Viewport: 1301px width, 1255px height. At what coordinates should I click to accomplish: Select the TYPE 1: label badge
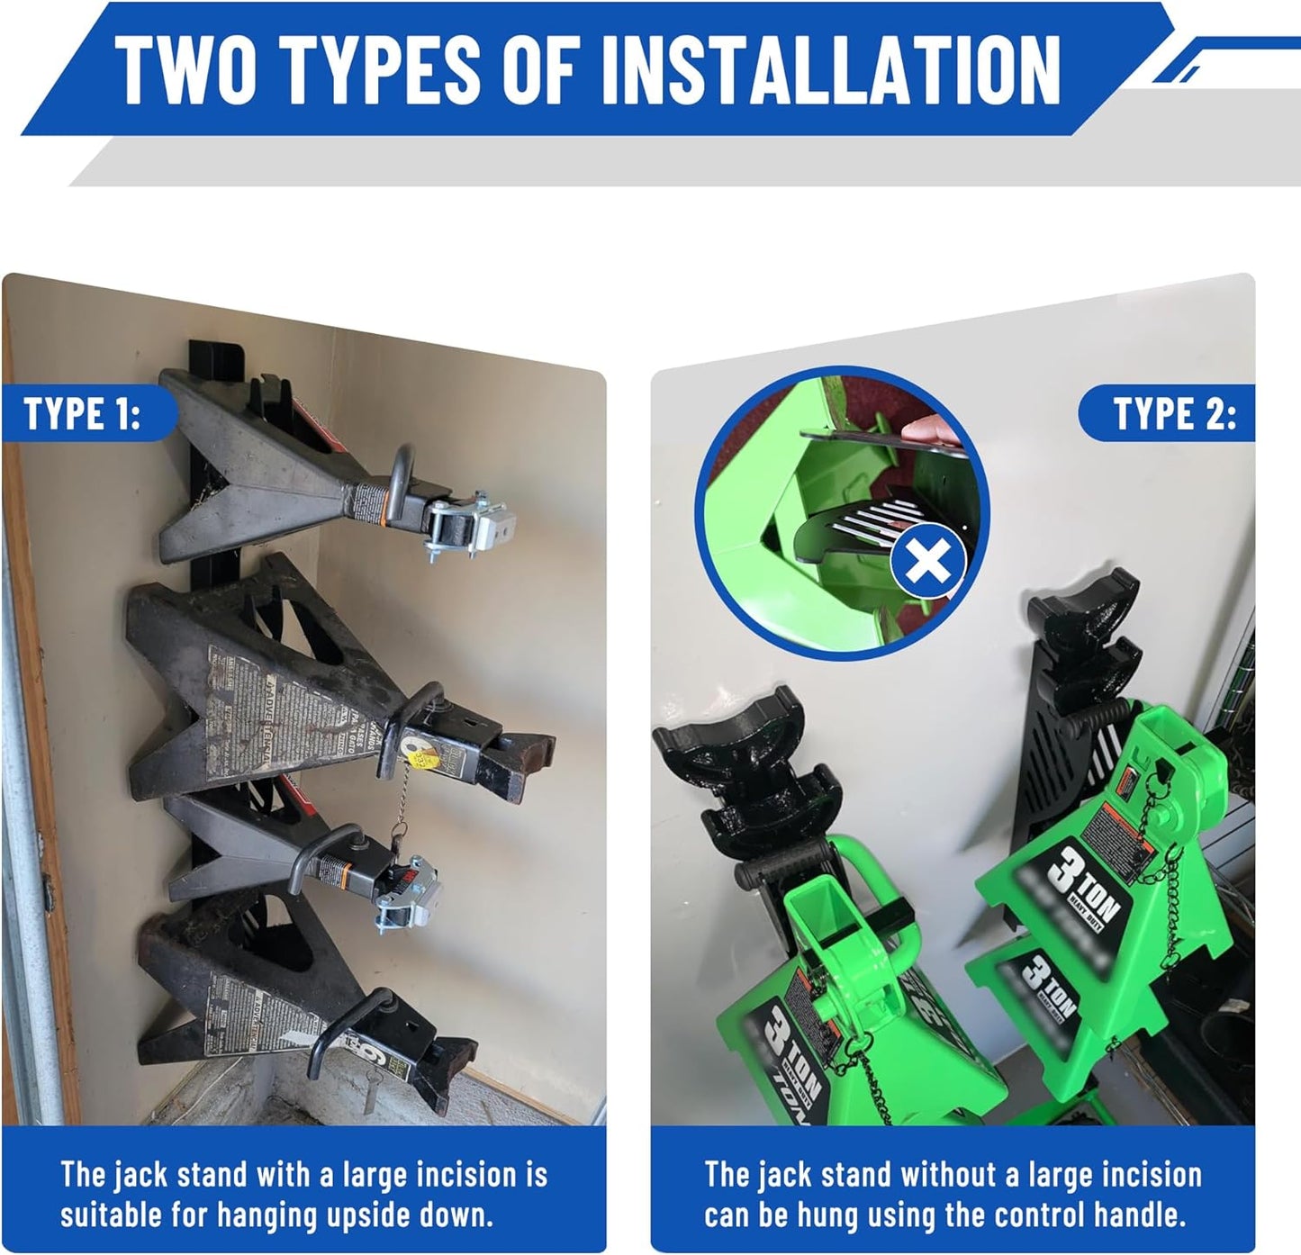tap(83, 414)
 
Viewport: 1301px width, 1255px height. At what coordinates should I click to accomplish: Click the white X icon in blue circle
tap(927, 564)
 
